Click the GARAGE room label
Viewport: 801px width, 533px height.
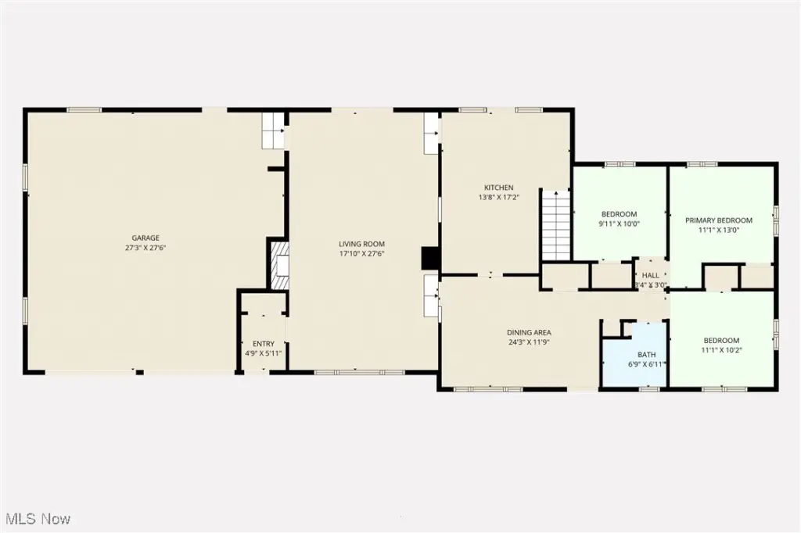tap(145, 238)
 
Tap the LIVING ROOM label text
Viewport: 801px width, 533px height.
tap(361, 244)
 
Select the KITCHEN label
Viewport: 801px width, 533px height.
tap(499, 188)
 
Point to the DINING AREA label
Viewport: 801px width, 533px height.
tap(529, 332)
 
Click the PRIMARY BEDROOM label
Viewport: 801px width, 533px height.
tap(719, 220)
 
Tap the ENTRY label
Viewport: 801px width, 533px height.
tap(264, 344)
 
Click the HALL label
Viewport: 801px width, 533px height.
tap(651, 276)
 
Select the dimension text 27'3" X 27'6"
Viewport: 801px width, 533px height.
tap(145, 248)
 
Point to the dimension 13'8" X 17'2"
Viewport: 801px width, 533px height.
tap(498, 197)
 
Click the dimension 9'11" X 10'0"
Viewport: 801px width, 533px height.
tap(620, 224)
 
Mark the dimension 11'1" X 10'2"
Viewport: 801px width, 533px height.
tap(721, 350)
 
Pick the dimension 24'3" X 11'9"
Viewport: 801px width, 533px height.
tap(529, 342)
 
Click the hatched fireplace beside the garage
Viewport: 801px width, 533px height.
tap(279, 266)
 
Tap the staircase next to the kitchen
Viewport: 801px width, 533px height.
tap(556, 224)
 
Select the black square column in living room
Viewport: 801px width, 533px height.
tap(430, 259)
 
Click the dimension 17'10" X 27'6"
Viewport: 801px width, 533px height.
tap(361, 254)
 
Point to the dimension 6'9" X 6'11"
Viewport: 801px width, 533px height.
tap(646, 364)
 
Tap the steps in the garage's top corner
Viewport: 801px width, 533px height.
tap(273, 131)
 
